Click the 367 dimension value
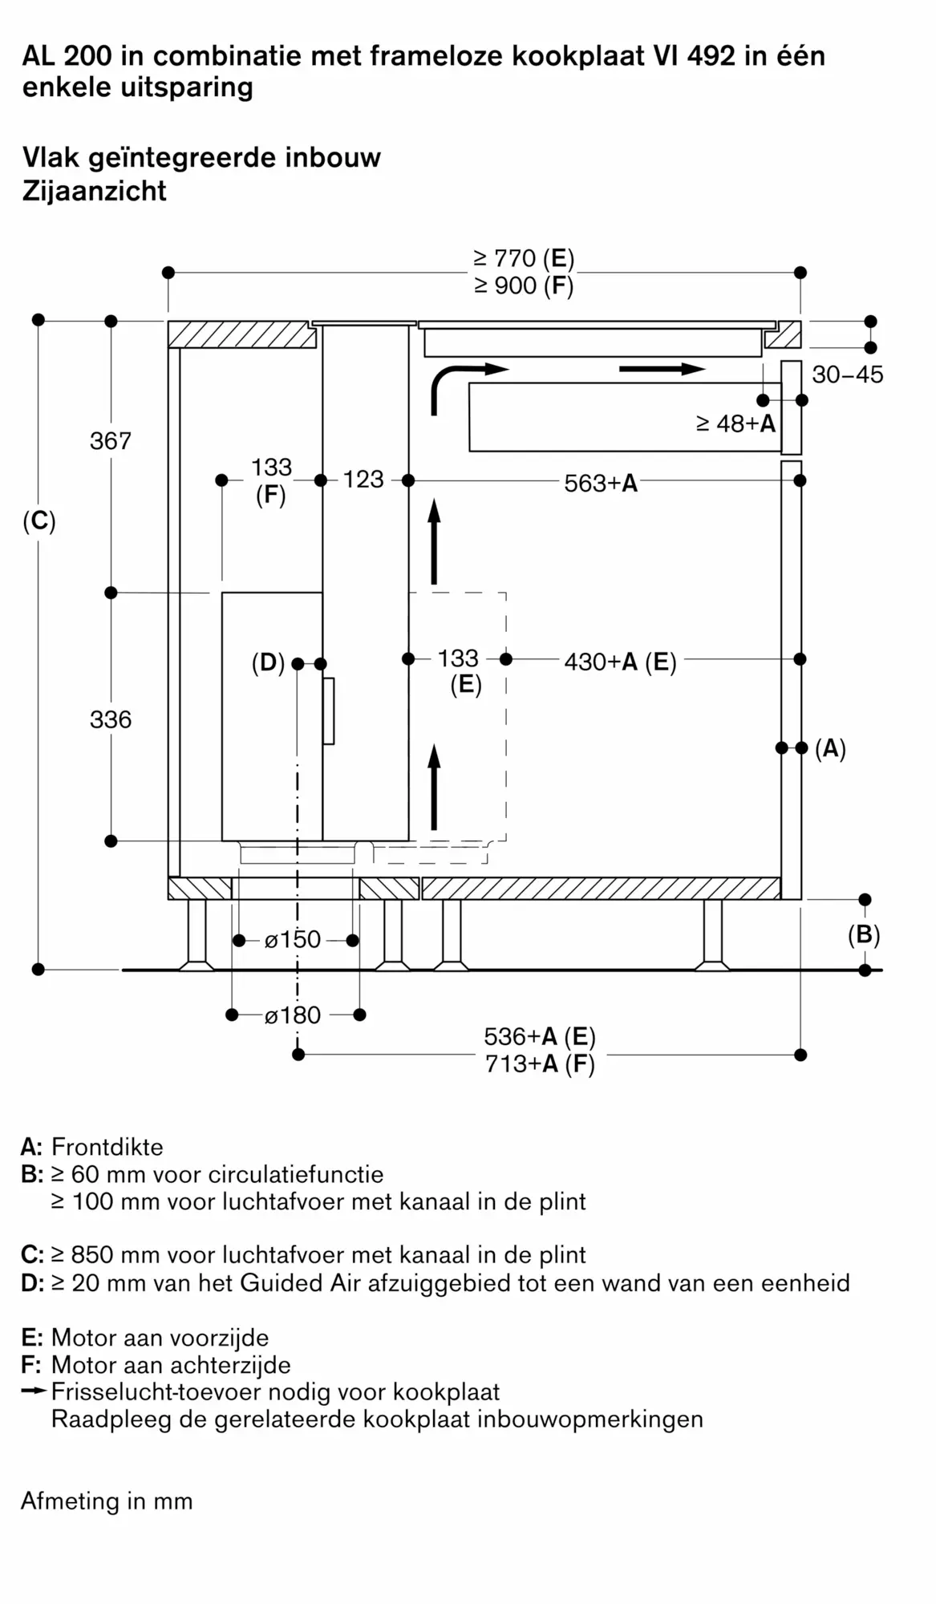[x=111, y=440]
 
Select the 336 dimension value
[x=111, y=719]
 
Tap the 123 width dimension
[x=363, y=480]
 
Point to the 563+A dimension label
[x=601, y=483]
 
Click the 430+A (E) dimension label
[x=620, y=662]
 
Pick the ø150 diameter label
[x=293, y=939]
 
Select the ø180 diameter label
[x=293, y=1015]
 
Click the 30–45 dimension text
[x=848, y=375]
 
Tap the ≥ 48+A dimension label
[x=736, y=423]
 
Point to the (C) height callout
[x=38, y=522]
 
